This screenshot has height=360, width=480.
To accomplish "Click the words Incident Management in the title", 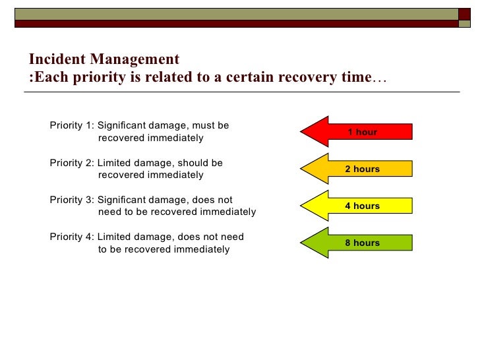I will pyautogui.click(x=104, y=60).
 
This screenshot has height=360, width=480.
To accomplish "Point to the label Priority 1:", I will pyautogui.click(x=72, y=125).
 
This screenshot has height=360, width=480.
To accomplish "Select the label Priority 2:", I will pyautogui.click(x=72, y=162).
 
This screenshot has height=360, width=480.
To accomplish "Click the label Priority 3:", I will pyautogui.click(x=72, y=200).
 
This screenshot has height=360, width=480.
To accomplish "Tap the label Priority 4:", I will pyautogui.click(x=72, y=237).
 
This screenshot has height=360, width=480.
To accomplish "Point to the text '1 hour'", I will pyautogui.click(x=363, y=132).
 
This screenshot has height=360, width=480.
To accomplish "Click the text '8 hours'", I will pyautogui.click(x=363, y=243).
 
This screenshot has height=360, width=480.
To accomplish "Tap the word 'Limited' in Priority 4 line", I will pyautogui.click(x=114, y=237).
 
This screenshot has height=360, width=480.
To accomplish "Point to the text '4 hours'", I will pyautogui.click(x=363, y=206).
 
